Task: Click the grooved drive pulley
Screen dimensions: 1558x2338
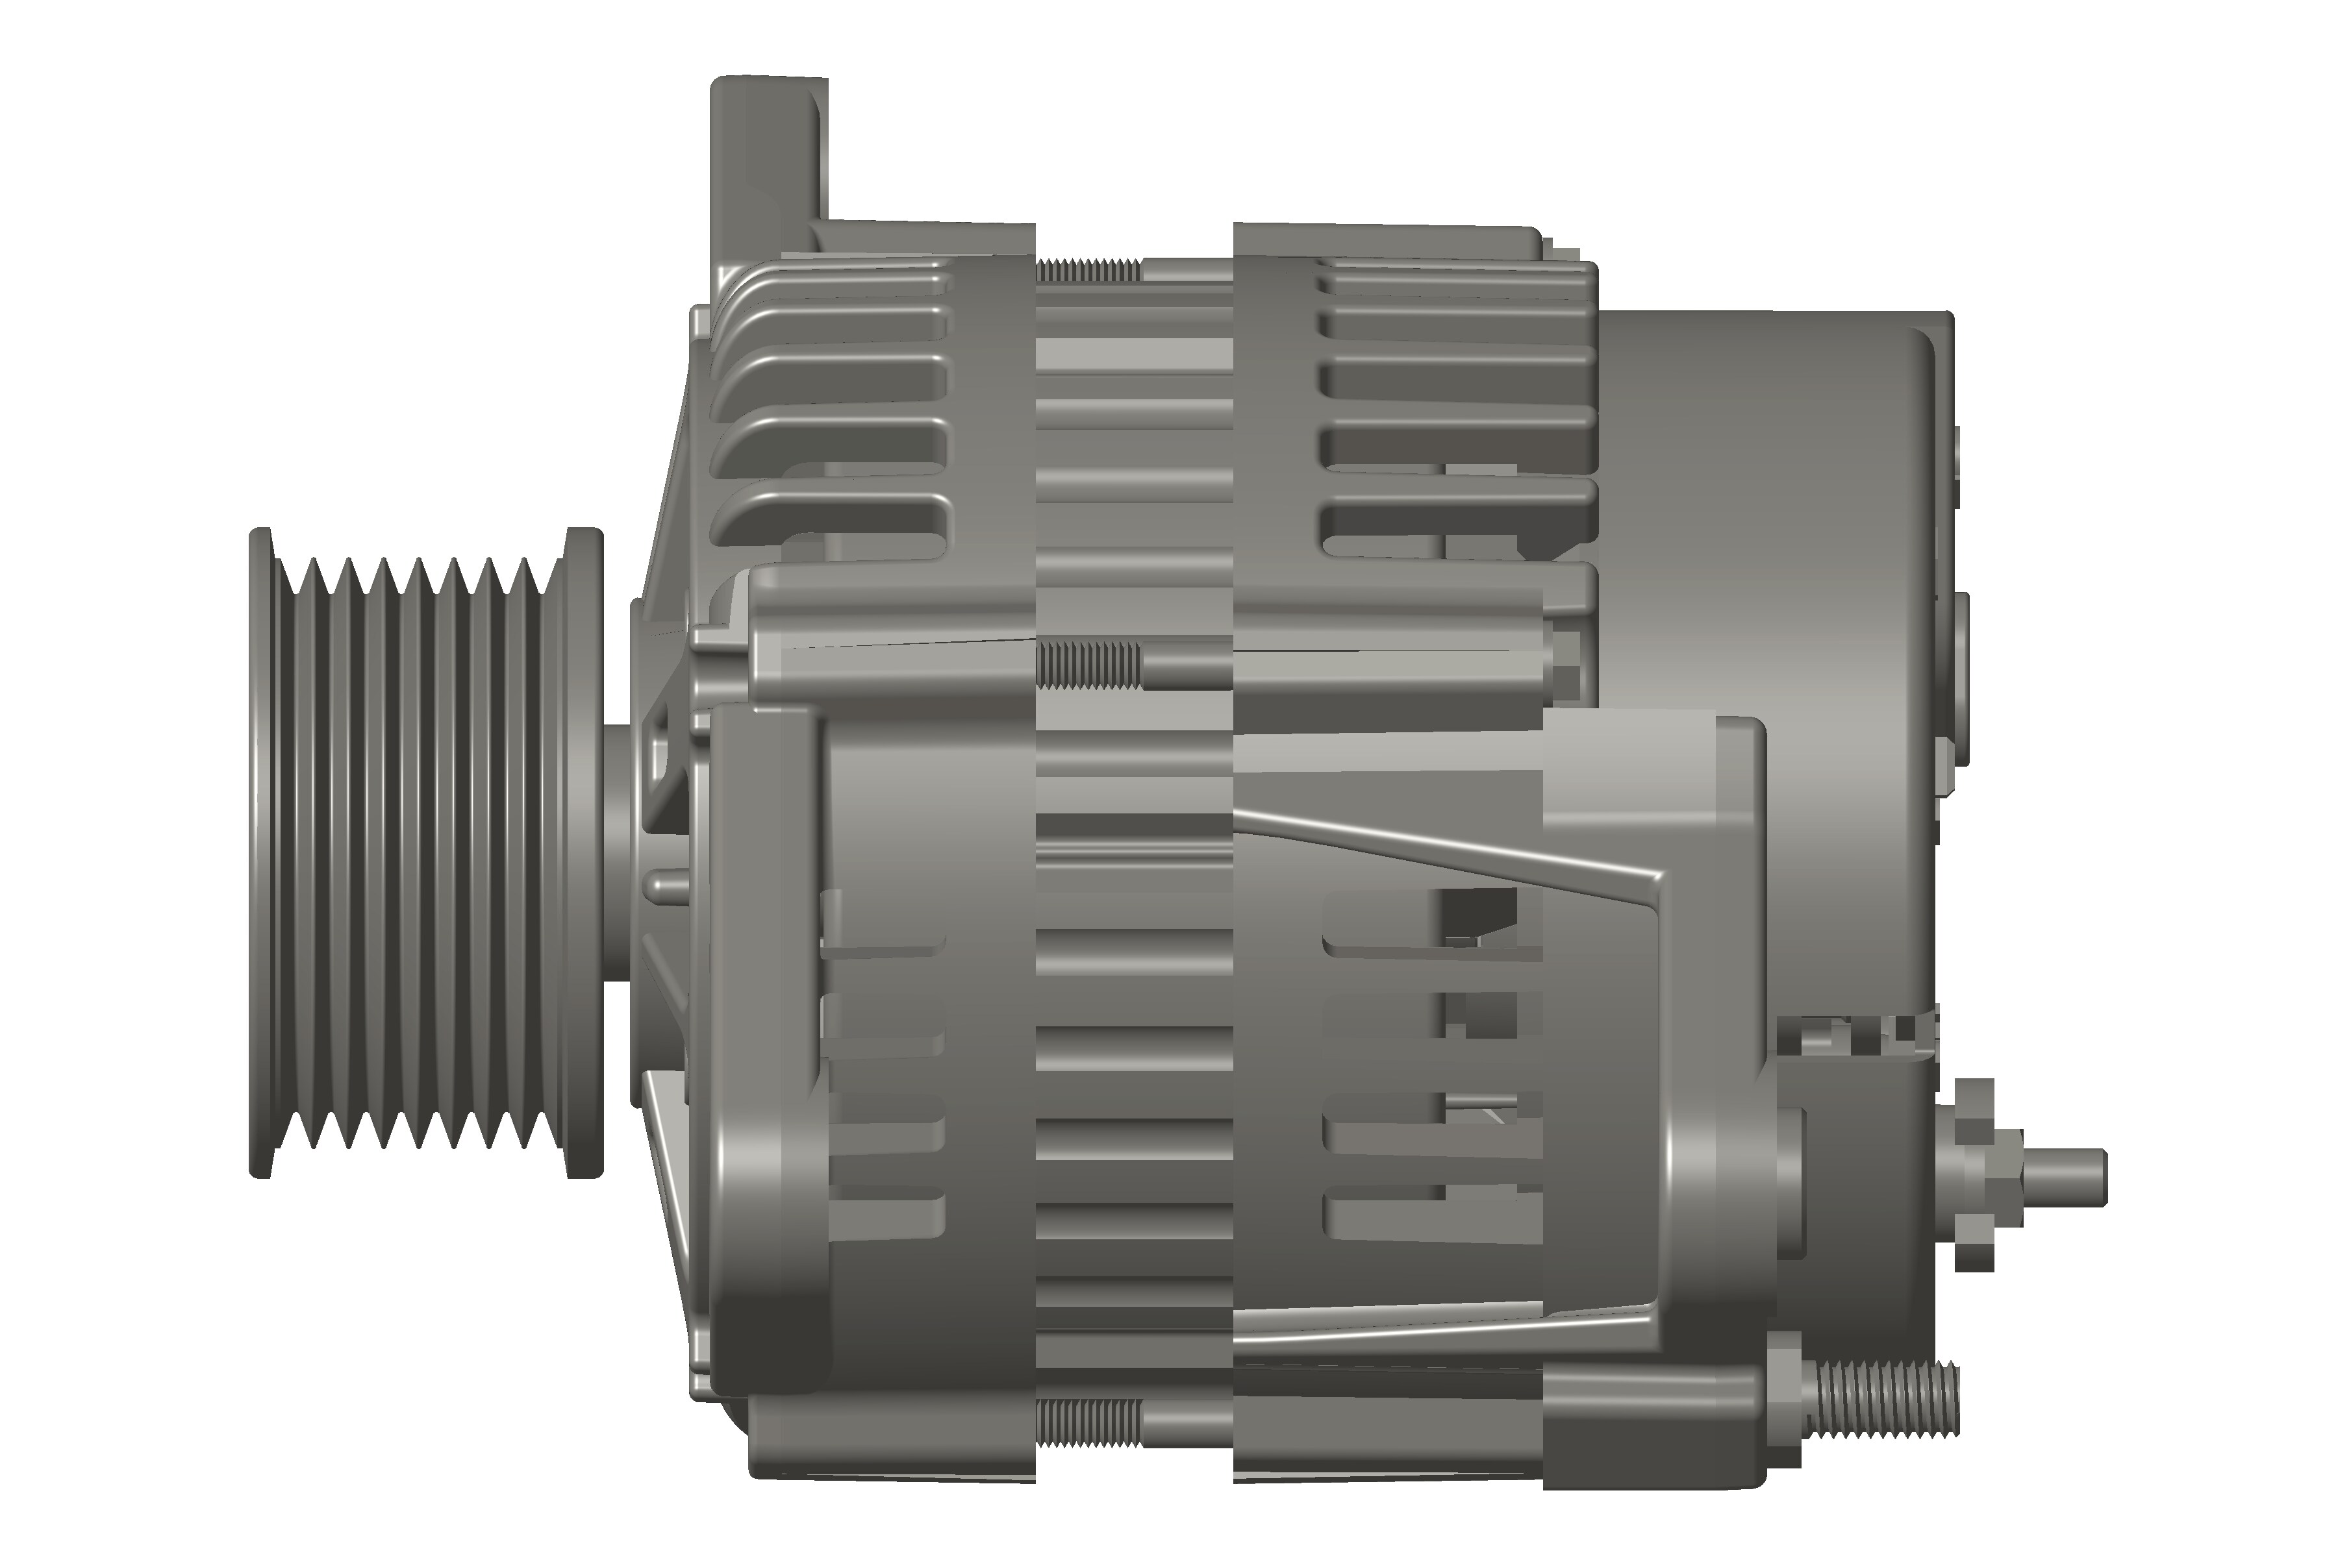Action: tap(418, 854)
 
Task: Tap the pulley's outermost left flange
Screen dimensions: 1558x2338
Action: tap(260, 854)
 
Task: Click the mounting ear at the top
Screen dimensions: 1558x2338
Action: tap(768, 149)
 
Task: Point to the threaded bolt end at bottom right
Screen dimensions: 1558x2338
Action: tap(1889, 1400)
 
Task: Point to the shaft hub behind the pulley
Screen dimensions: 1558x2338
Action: tap(622, 854)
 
